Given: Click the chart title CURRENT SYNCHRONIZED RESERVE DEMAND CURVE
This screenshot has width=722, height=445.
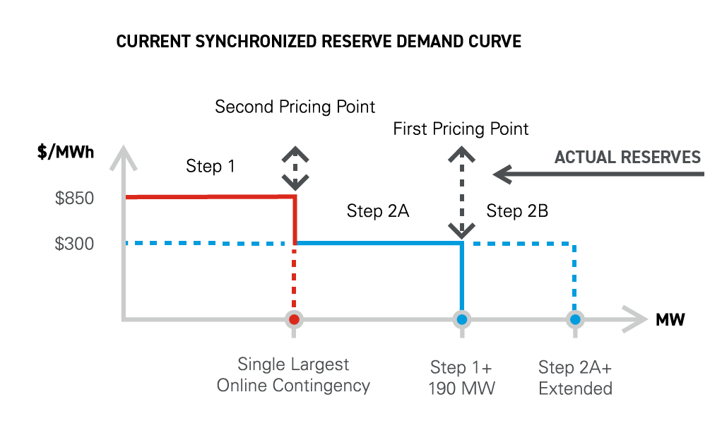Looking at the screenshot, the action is click(319, 42).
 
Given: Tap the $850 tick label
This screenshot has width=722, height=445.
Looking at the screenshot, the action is click(74, 198).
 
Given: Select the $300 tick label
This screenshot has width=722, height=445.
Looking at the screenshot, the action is click(74, 244).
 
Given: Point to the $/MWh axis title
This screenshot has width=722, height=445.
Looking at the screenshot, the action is click(66, 152).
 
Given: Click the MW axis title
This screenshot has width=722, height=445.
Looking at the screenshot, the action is click(670, 319).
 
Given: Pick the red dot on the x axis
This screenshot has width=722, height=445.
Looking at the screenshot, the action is click(294, 319).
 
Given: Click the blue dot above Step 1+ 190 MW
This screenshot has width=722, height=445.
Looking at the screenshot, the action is click(462, 319).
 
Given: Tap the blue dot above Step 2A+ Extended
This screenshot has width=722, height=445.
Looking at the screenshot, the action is click(574, 319).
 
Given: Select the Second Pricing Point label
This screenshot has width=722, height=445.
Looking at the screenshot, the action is click(295, 107).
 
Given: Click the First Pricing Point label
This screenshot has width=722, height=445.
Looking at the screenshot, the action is click(461, 129).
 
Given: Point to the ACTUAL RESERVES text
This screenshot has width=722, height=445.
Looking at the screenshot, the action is click(627, 158).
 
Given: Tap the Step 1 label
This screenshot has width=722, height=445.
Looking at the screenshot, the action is click(211, 166).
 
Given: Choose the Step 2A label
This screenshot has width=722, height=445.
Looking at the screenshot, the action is click(377, 210).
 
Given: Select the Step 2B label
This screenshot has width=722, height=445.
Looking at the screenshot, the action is click(517, 210).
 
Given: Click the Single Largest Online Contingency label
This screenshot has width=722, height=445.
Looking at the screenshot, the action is click(293, 375).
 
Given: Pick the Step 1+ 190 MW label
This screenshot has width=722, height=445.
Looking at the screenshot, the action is click(461, 378).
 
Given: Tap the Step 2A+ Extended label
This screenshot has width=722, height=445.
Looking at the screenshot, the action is click(575, 378).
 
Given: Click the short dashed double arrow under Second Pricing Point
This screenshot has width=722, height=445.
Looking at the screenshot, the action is click(295, 168).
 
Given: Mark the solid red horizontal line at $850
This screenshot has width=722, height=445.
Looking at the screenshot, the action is click(211, 197).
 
